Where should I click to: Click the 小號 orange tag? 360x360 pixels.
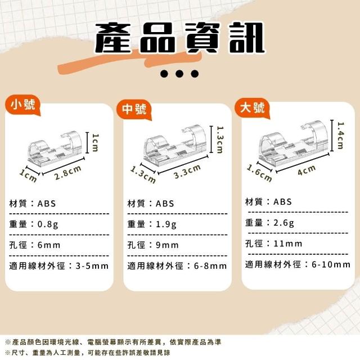click(x=22, y=105)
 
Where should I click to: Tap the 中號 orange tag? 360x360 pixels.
click(x=134, y=109)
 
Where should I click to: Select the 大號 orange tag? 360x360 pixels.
click(x=253, y=107)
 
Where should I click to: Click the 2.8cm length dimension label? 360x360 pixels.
click(x=67, y=173)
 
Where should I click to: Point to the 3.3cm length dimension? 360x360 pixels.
click(x=187, y=171)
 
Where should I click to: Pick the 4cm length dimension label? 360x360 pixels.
click(x=307, y=170)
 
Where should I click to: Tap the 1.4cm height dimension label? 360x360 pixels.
click(x=341, y=136)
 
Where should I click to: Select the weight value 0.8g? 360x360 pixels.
click(x=48, y=224)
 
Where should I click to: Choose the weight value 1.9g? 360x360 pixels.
click(x=166, y=224)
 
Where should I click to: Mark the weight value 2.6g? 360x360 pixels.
click(x=283, y=223)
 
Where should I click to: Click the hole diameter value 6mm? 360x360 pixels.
click(x=49, y=245)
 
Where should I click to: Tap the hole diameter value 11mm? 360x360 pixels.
click(x=288, y=244)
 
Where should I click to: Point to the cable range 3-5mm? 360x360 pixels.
click(x=92, y=266)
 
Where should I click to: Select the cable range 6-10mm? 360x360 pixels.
click(x=331, y=264)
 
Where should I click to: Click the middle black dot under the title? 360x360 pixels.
click(x=179, y=74)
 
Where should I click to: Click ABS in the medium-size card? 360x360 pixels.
click(x=165, y=204)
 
